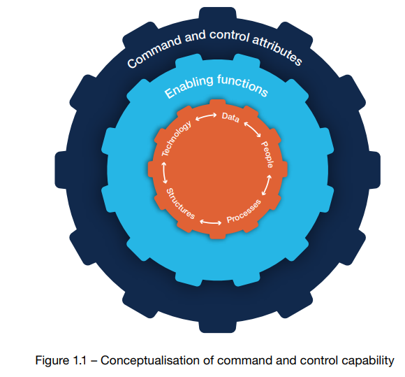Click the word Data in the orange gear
pyautogui.click(x=230, y=118)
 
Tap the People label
pyautogui.click(x=267, y=155)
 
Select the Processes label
pyautogui.click(x=244, y=211)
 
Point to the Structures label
pyautogui.click(x=180, y=204)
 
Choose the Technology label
pyautogui.click(x=177, y=138)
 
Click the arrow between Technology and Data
pyautogui.click(x=206, y=117)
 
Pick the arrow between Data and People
pyautogui.click(x=252, y=129)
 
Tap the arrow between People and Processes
pyautogui.click(x=267, y=185)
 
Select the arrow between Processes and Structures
pyautogui.click(x=210, y=222)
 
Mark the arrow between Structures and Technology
pyautogui.click(x=165, y=173)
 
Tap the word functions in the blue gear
pyautogui.click(x=242, y=85)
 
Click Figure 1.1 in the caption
pyautogui.click(x=61, y=360)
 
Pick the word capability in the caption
pyautogui.click(x=367, y=361)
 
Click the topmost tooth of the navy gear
pyautogui.click(x=217, y=13)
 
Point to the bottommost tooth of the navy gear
pyautogui.click(x=217, y=327)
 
